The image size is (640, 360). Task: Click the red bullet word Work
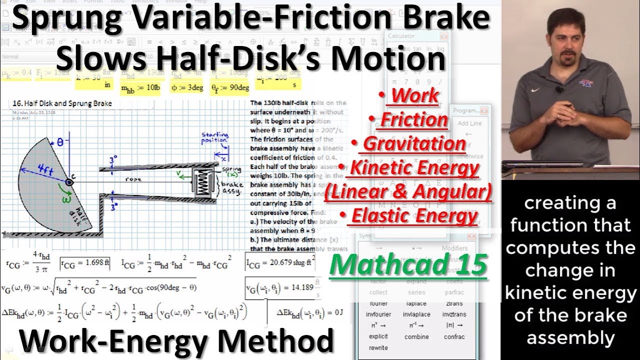(415, 95)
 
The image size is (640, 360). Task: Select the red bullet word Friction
(413, 119)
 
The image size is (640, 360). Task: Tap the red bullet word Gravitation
(414, 143)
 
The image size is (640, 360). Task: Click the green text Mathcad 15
(408, 264)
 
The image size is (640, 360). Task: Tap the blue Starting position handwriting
(215, 137)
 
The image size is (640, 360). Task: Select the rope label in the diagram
(133, 179)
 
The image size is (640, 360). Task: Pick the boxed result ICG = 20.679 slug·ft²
(280, 262)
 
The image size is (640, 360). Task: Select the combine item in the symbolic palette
(416, 336)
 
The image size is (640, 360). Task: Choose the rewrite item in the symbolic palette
(378, 347)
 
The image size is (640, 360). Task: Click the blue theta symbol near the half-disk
(60, 142)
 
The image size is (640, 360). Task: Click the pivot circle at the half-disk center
(68, 182)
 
